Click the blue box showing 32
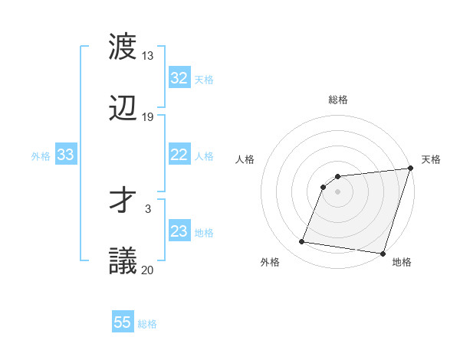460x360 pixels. (179, 78)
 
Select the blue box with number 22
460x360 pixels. (179, 155)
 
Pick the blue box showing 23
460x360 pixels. (179, 231)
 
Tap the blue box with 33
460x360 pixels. (65, 155)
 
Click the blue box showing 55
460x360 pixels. (123, 322)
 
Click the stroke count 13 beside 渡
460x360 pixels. (148, 56)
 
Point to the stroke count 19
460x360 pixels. (148, 116)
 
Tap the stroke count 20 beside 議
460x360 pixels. (148, 269)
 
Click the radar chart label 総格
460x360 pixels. (338, 100)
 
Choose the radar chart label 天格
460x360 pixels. (431, 159)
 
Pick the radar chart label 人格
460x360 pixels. (245, 159)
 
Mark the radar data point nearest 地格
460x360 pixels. (383, 254)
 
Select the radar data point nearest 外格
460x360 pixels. (302, 242)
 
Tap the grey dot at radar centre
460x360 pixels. (338, 191)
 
